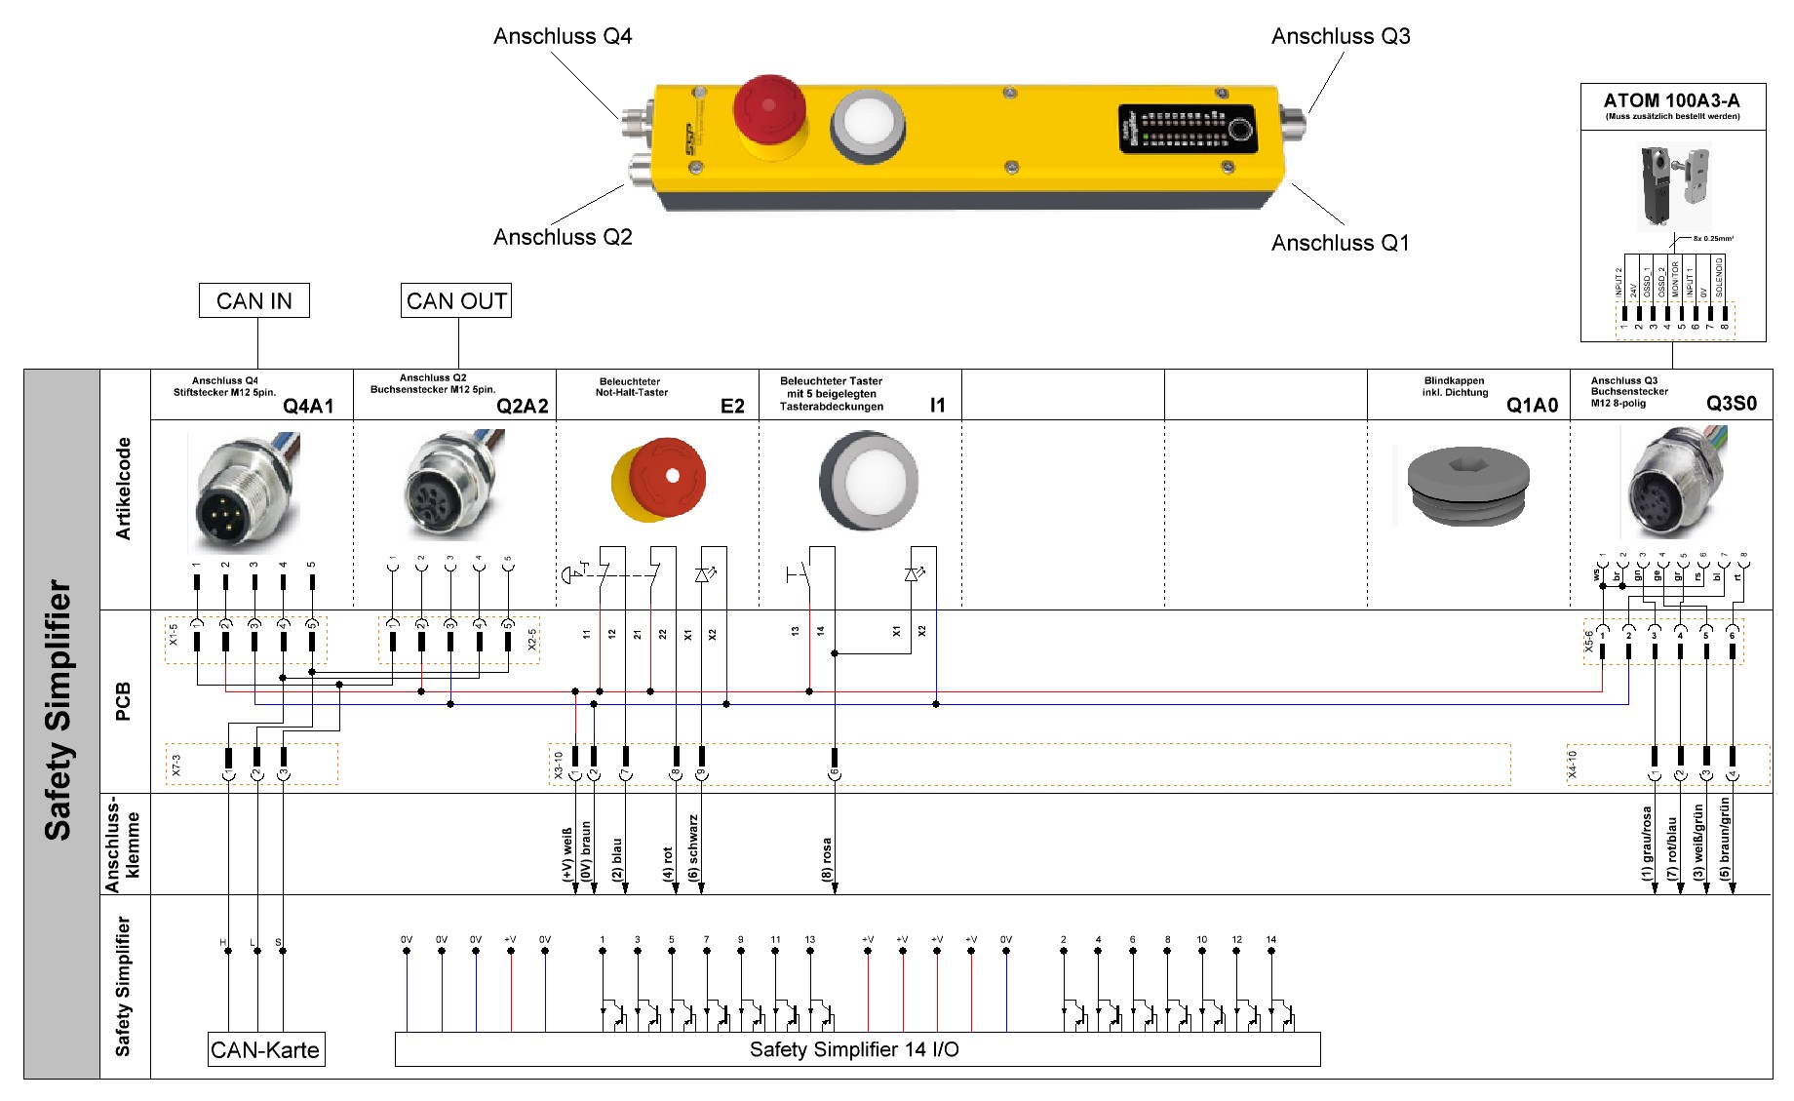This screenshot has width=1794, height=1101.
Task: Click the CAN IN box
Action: pos(253,300)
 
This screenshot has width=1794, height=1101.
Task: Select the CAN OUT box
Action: pos(456,300)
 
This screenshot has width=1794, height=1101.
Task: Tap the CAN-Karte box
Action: pos(265,1050)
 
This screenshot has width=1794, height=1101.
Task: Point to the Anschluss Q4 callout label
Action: pos(563,36)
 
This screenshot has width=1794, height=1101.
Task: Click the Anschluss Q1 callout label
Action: pos(1340,243)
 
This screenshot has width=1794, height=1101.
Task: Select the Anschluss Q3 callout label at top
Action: pos(1341,36)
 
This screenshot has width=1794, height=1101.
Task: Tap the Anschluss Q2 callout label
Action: pos(563,237)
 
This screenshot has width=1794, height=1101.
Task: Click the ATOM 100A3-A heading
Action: pos(1671,100)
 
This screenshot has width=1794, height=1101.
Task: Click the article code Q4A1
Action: pos(308,406)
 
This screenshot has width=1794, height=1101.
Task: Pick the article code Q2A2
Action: pos(522,406)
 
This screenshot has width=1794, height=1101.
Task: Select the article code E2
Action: pos(732,406)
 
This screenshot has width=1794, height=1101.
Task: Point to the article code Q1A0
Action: pos(1532,405)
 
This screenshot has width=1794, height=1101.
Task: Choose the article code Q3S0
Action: pos(1732,404)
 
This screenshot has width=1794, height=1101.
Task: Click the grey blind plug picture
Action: pos(1467,484)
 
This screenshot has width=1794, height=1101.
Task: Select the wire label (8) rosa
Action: pos(828,859)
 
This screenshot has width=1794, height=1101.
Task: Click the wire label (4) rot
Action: pos(668,863)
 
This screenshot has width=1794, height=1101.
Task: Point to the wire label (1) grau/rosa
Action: pos(1647,843)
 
